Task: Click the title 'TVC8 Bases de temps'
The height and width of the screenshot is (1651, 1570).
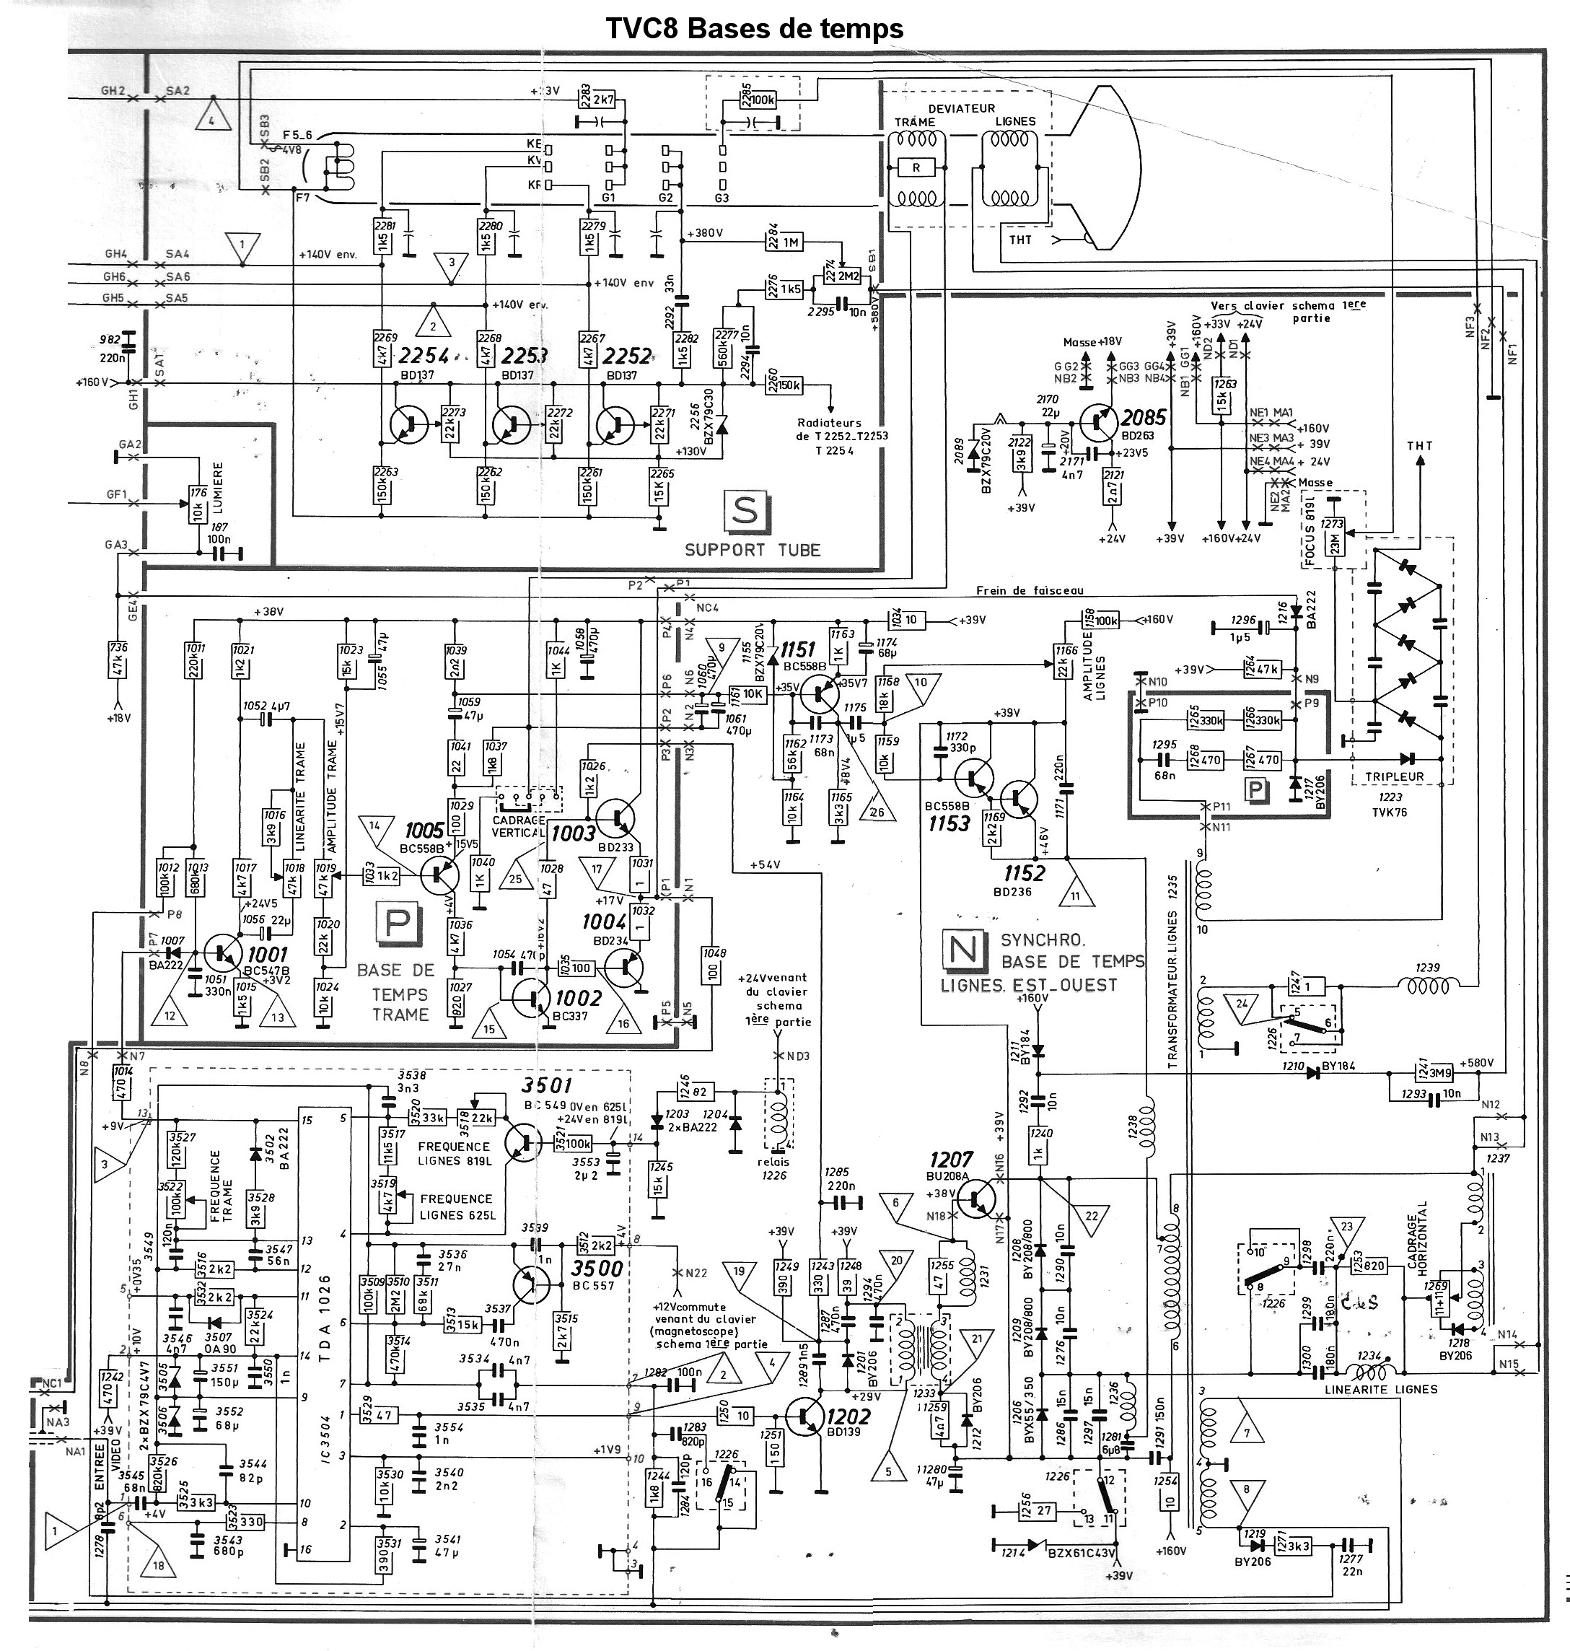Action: [754, 28]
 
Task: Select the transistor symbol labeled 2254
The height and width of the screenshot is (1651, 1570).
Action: [408, 424]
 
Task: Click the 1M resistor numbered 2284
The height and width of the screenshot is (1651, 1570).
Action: [791, 242]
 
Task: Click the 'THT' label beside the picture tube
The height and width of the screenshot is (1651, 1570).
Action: [1020, 240]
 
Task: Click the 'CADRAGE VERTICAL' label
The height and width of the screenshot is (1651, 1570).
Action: [520, 827]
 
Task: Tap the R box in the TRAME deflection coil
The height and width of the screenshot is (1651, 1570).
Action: [916, 168]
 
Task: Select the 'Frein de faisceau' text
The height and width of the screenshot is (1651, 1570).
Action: [1030, 591]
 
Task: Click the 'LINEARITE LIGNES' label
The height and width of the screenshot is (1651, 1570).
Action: [1382, 1389]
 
